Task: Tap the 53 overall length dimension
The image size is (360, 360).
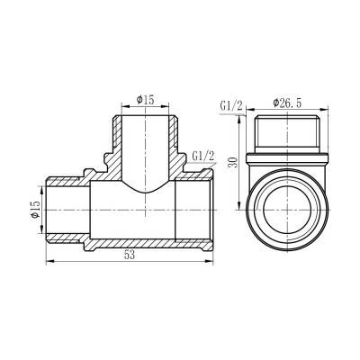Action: (x=131, y=257)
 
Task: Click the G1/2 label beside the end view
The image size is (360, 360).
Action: (x=232, y=106)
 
